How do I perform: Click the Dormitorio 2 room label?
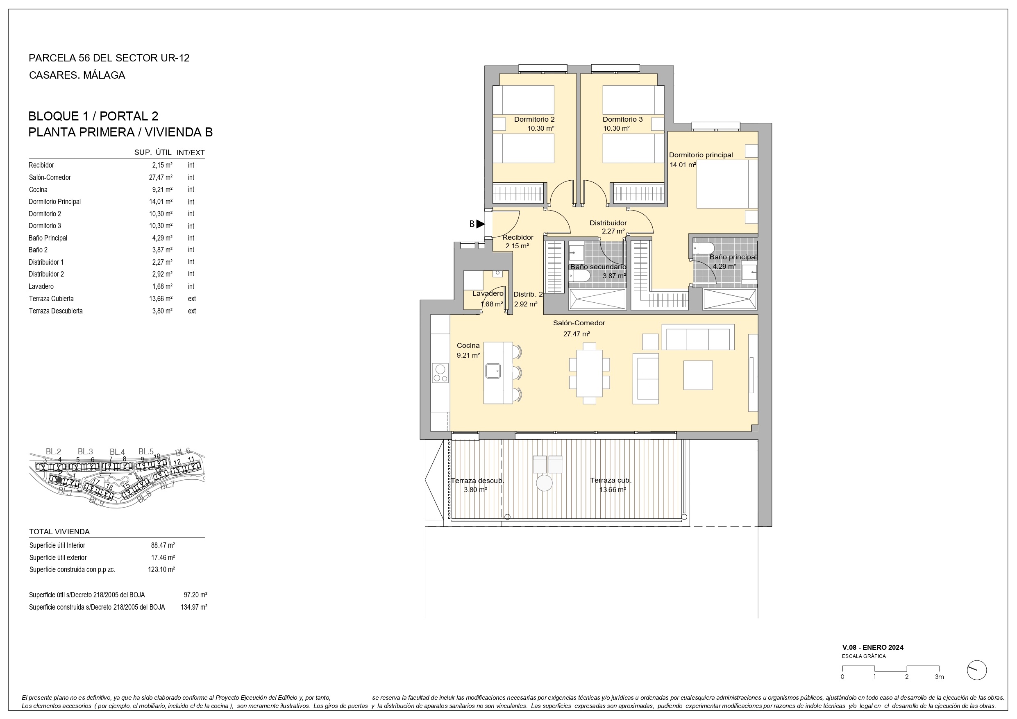(534, 119)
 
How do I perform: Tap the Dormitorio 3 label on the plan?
(622, 119)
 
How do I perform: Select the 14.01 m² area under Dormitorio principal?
(683, 165)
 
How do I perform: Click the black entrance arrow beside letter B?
(481, 224)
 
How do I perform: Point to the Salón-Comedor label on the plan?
(579, 323)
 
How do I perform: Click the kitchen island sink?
(493, 371)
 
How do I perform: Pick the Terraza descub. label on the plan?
(477, 481)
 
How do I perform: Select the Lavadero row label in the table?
(41, 287)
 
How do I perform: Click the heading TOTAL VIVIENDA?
(59, 532)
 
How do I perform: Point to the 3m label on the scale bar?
(939, 677)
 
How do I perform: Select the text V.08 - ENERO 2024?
(873, 647)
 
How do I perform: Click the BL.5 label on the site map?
(146, 451)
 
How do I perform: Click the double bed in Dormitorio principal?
(727, 184)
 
